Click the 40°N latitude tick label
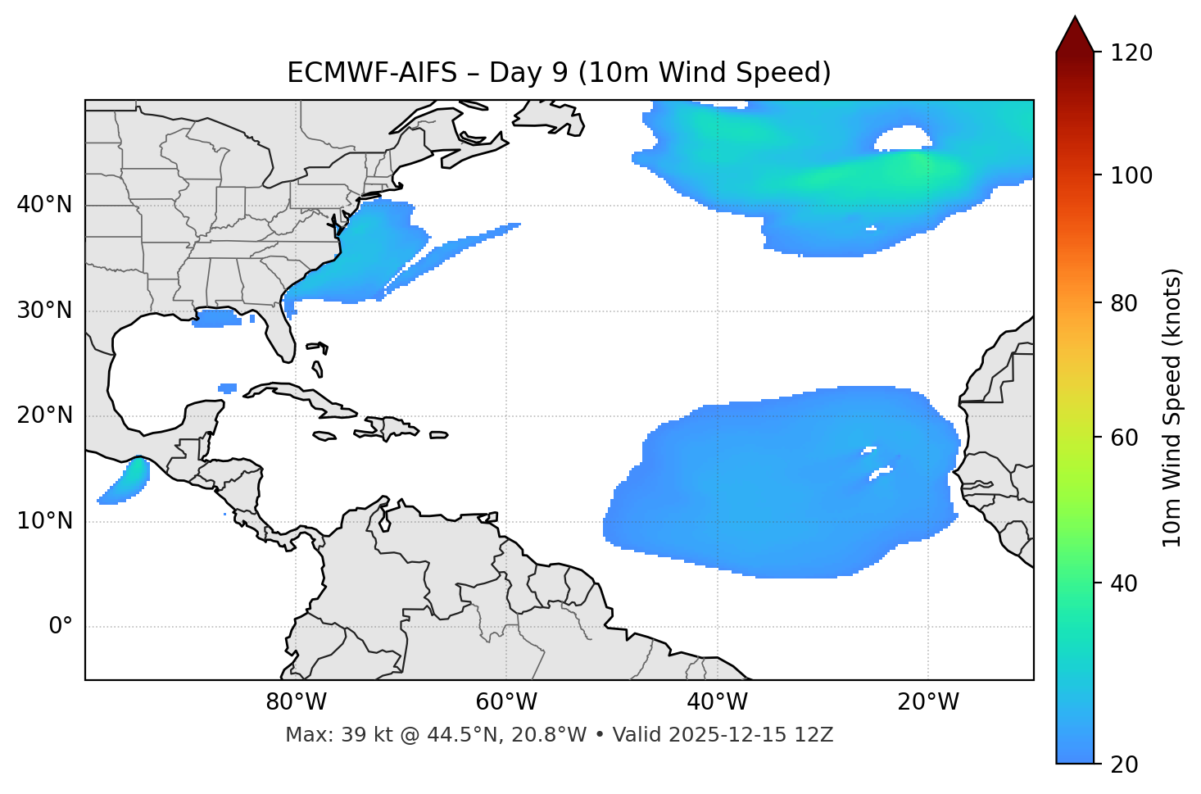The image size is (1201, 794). [x=44, y=205]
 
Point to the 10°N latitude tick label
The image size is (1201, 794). [x=44, y=521]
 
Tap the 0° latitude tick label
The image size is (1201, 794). [x=60, y=627]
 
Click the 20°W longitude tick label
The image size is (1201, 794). [x=927, y=702]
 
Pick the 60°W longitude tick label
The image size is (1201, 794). [x=505, y=702]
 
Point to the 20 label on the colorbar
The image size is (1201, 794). [x=1124, y=765]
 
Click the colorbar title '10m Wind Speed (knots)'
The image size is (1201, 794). [x=1172, y=407]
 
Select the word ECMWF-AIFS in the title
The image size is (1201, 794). [x=372, y=73]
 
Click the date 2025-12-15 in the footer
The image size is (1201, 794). [x=725, y=735]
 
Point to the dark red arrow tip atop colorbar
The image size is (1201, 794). [x=1075, y=33]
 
